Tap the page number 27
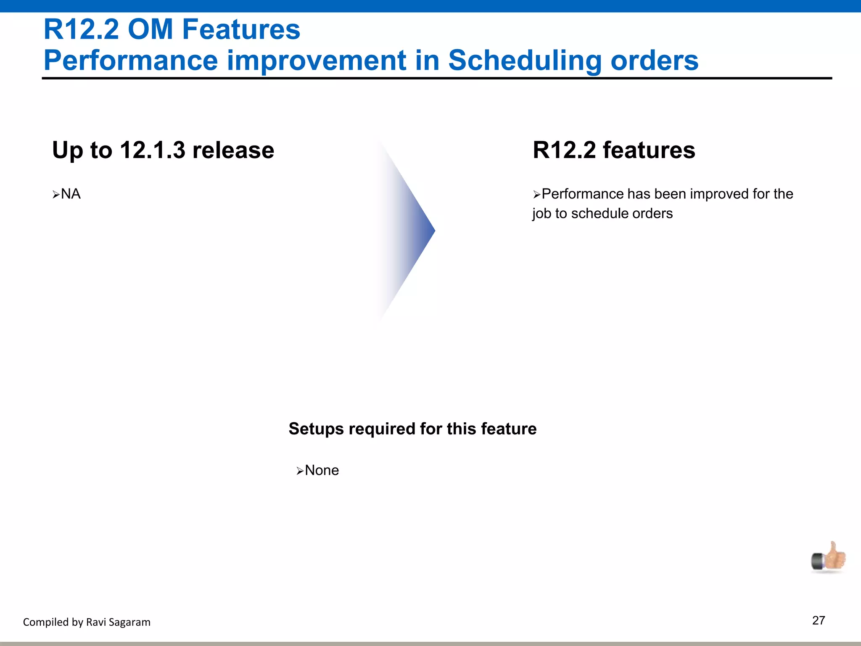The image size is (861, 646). [x=819, y=620]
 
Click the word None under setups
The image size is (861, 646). [x=322, y=470]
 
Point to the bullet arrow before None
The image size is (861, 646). [x=300, y=471]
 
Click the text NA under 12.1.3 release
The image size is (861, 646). [x=71, y=194]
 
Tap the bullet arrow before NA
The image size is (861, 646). [x=56, y=195]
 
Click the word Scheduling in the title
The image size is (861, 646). [x=525, y=60]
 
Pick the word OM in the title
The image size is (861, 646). [x=150, y=29]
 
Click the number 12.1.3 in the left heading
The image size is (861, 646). [x=152, y=150]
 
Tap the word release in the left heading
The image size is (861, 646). [x=233, y=150]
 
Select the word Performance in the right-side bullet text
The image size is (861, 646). [x=582, y=194]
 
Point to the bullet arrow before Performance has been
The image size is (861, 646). [x=536, y=195]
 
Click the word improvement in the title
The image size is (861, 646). [x=316, y=60]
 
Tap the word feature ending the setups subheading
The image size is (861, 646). [x=508, y=429]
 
